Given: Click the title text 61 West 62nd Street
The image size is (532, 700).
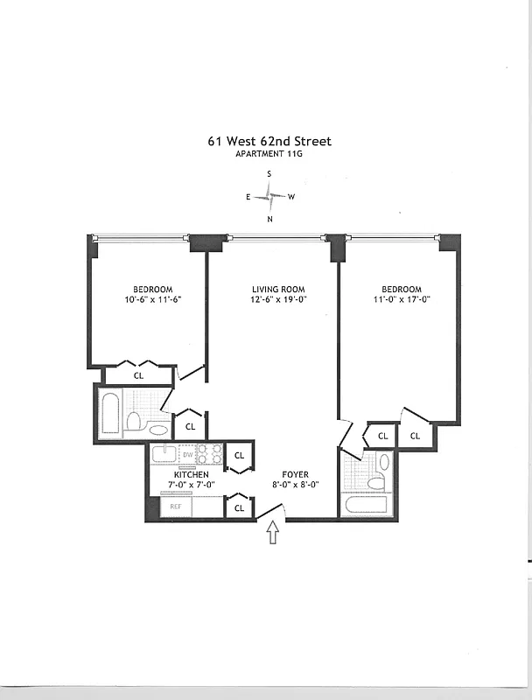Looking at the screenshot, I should [269, 141].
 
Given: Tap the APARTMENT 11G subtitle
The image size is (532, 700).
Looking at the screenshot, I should [269, 154].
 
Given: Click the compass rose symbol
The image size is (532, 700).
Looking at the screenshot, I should [269, 197].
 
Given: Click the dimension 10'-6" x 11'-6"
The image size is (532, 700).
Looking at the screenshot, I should [152, 299].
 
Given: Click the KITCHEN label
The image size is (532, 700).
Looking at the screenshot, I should [190, 474].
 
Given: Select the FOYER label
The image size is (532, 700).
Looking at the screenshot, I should [295, 474].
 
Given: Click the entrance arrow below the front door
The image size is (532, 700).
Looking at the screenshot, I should [271, 533].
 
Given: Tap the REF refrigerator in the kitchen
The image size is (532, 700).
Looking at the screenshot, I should [176, 507].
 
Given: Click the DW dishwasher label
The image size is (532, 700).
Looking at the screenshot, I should [187, 454].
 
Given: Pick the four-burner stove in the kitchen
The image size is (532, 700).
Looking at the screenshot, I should [210, 454].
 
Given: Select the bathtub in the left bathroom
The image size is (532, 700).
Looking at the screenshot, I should [110, 415].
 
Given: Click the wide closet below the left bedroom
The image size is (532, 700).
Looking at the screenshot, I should [138, 375].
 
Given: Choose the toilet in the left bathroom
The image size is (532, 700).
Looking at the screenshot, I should [135, 422].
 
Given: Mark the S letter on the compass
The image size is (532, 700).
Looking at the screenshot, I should [269, 174].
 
